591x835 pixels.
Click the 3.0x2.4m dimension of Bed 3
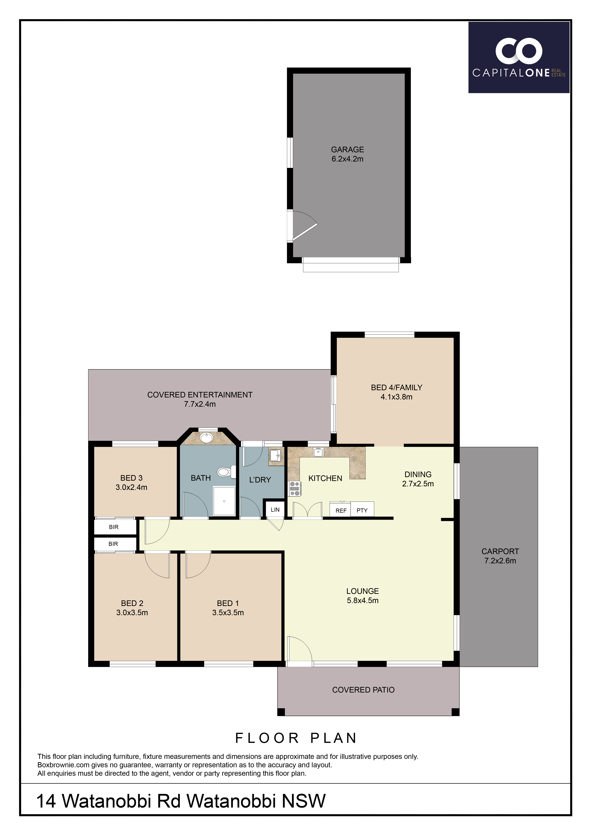131,487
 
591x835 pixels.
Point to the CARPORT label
500,551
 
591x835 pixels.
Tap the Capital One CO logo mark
519,50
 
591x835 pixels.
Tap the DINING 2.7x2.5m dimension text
418,484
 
